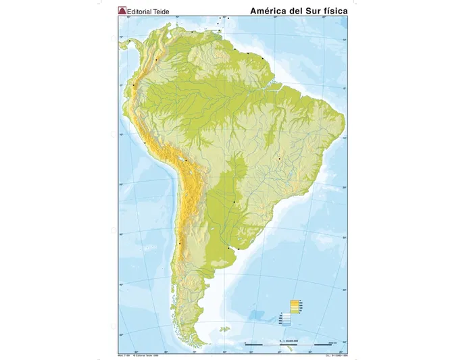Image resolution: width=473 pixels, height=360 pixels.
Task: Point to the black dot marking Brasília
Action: pyautogui.click(x=279, y=159)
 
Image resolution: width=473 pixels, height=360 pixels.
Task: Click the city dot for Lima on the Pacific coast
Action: pyautogui.click(x=145, y=143)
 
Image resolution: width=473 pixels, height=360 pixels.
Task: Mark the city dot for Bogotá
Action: pyautogui.click(x=156, y=60)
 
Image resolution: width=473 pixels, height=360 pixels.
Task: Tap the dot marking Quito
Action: pyautogui.click(x=134, y=85)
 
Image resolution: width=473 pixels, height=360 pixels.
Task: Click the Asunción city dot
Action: pyautogui.click(x=234, y=202)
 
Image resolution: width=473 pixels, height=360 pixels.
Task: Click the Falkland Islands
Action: pyautogui.click(x=223, y=330)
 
